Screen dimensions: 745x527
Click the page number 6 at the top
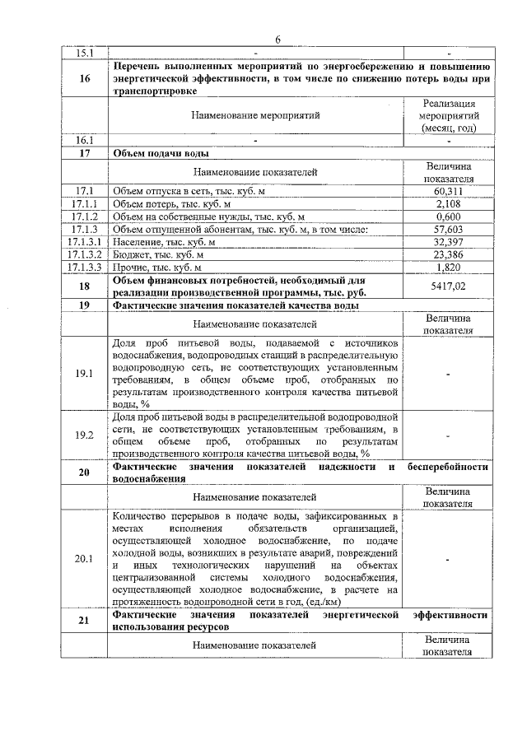(277, 40)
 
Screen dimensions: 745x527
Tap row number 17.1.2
(84, 217)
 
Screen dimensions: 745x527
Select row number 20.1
(84, 559)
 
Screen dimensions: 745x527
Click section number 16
(84, 79)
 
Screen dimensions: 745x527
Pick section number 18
(84, 286)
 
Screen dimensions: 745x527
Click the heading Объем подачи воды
(161, 153)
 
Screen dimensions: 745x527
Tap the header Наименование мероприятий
(255, 117)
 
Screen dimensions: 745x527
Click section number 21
(84, 621)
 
